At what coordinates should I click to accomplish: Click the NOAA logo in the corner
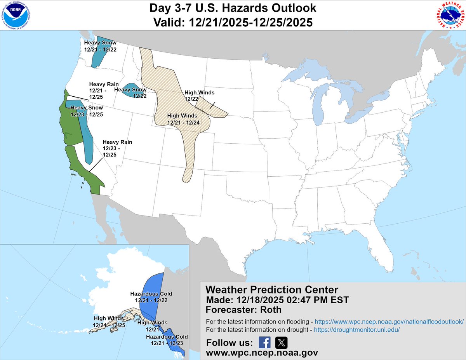(x=16, y=16)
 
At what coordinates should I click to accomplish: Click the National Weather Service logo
(x=449, y=16)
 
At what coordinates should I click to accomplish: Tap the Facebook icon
(x=264, y=343)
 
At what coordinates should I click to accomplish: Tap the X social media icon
(x=281, y=343)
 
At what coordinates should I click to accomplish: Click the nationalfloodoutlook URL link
(x=389, y=322)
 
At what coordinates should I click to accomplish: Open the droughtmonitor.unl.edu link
(x=356, y=330)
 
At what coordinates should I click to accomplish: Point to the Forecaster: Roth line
(x=244, y=310)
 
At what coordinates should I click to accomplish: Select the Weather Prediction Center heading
(x=271, y=290)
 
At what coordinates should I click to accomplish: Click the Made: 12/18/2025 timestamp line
(x=277, y=300)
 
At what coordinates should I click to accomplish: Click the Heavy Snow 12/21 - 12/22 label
(x=100, y=46)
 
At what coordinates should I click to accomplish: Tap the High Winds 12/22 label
(x=199, y=96)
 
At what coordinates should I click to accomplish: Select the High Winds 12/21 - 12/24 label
(x=183, y=119)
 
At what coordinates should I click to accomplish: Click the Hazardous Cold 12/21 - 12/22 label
(x=151, y=297)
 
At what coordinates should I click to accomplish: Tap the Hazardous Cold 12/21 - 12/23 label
(x=167, y=340)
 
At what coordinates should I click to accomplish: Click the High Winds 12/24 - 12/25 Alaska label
(x=108, y=322)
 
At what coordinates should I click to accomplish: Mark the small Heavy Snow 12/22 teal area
(x=130, y=89)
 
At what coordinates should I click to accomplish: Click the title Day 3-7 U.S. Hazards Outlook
(x=233, y=8)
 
